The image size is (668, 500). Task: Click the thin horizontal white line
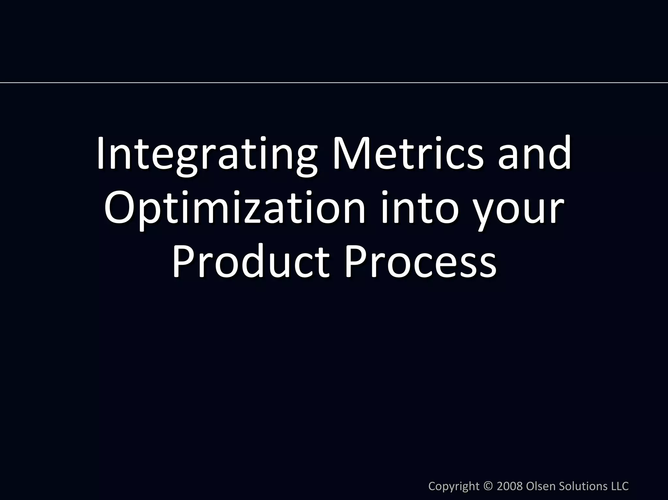334,83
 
